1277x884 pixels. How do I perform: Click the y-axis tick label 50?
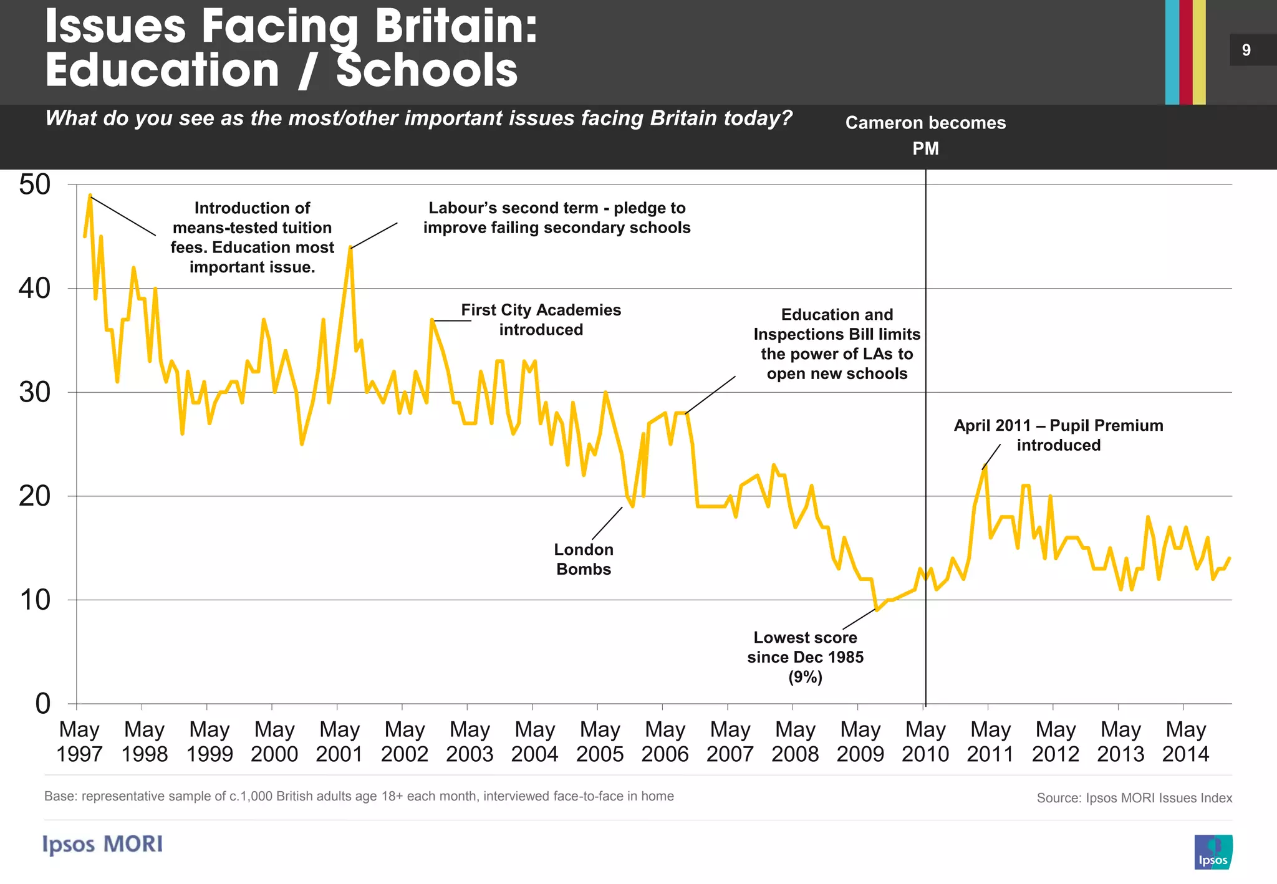tap(34, 185)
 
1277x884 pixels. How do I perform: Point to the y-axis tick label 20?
tap(34, 496)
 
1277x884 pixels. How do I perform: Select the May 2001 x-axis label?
tap(339, 741)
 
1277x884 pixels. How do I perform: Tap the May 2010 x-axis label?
tap(925, 741)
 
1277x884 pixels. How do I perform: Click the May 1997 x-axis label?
tap(79, 741)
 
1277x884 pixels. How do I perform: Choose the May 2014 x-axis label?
tap(1185, 741)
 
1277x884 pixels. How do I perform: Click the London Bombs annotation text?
tap(584, 559)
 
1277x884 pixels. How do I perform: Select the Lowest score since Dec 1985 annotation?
tap(805, 656)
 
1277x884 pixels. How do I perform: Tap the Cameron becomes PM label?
tap(925, 135)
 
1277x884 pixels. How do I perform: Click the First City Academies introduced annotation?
tap(541, 320)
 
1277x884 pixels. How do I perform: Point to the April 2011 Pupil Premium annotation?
tap(1058, 435)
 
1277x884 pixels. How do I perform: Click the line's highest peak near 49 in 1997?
tap(90, 195)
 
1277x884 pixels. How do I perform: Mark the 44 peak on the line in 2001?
tap(350, 248)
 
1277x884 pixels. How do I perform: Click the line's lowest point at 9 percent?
tap(877, 610)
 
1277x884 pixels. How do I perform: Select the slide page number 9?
tap(1246, 50)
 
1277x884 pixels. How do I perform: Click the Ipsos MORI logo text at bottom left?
tap(103, 844)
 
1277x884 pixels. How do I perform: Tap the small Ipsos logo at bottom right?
tap(1213, 852)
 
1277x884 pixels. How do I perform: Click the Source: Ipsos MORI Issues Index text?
tap(1134, 798)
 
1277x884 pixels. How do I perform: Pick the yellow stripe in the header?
tap(1199, 52)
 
